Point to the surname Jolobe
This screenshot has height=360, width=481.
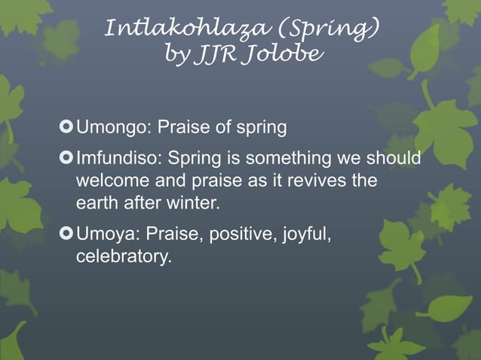coord(280,53)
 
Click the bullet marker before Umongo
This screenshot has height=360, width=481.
coord(65,127)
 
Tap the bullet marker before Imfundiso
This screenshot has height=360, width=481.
coord(65,160)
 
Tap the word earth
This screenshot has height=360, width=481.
coord(96,203)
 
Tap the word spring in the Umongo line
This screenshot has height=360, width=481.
coord(261,128)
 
